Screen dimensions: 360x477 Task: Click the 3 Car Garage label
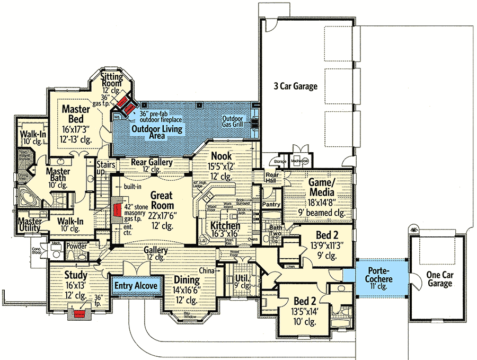point(296,86)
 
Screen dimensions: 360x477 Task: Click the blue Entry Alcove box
point(136,286)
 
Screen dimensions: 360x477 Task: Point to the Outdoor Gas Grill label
point(234,121)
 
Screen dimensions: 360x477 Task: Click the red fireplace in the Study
point(79,313)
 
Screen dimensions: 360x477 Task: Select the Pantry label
point(271,204)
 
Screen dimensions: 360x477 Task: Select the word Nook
point(222,156)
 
